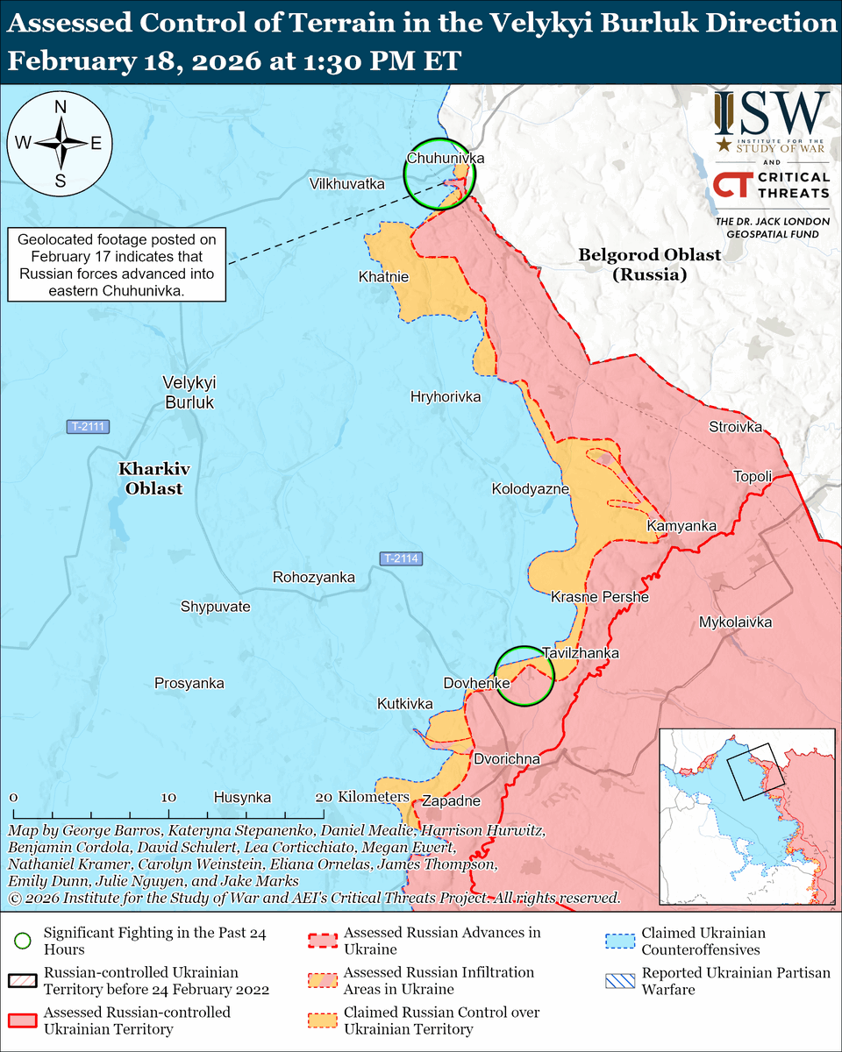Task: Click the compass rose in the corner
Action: tap(61, 143)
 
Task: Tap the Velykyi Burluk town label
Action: tap(189, 392)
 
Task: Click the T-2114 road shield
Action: tap(401, 558)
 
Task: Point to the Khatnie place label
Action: tap(383, 277)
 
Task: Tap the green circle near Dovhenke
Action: tap(524, 676)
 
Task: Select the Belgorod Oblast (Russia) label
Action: tap(649, 264)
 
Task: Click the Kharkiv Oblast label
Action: tap(153, 479)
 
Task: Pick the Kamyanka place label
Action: tap(681, 526)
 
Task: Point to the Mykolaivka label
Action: tap(735, 622)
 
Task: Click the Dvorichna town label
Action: tap(506, 758)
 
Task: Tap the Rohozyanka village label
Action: tap(313, 578)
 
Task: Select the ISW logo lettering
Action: tap(771, 112)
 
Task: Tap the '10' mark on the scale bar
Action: tap(169, 798)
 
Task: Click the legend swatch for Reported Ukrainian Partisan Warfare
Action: tap(618, 981)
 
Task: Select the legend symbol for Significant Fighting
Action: tap(24, 942)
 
